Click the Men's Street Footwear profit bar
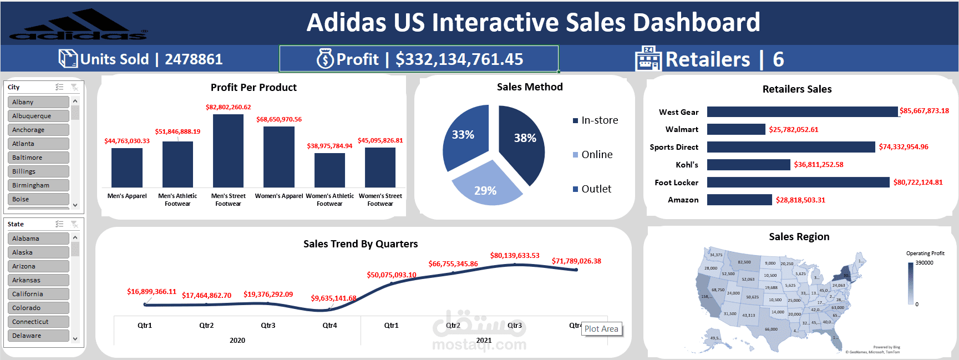pyautogui.click(x=228, y=151)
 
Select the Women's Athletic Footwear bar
pyautogui.click(x=329, y=170)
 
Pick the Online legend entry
pyautogui.click(x=596, y=155)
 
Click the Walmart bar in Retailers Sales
pyautogui.click(x=736, y=129)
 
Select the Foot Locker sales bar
pyautogui.click(x=798, y=182)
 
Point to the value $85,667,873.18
pyautogui.click(x=924, y=111)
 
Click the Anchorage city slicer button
pyautogui.click(x=38, y=130)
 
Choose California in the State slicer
pyautogui.click(x=38, y=294)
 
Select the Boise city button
pyautogui.click(x=38, y=199)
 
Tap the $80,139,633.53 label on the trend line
pyautogui.click(x=514, y=256)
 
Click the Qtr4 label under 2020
pyautogui.click(x=329, y=326)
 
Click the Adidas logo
pyautogui.click(x=78, y=26)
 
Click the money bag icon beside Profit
pyautogui.click(x=325, y=59)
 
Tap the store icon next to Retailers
pyautogui.click(x=648, y=59)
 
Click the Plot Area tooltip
pyautogui.click(x=601, y=329)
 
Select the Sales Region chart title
pyautogui.click(x=799, y=237)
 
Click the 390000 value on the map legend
pyautogui.click(x=924, y=263)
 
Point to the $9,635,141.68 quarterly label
pyautogui.click(x=333, y=298)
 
